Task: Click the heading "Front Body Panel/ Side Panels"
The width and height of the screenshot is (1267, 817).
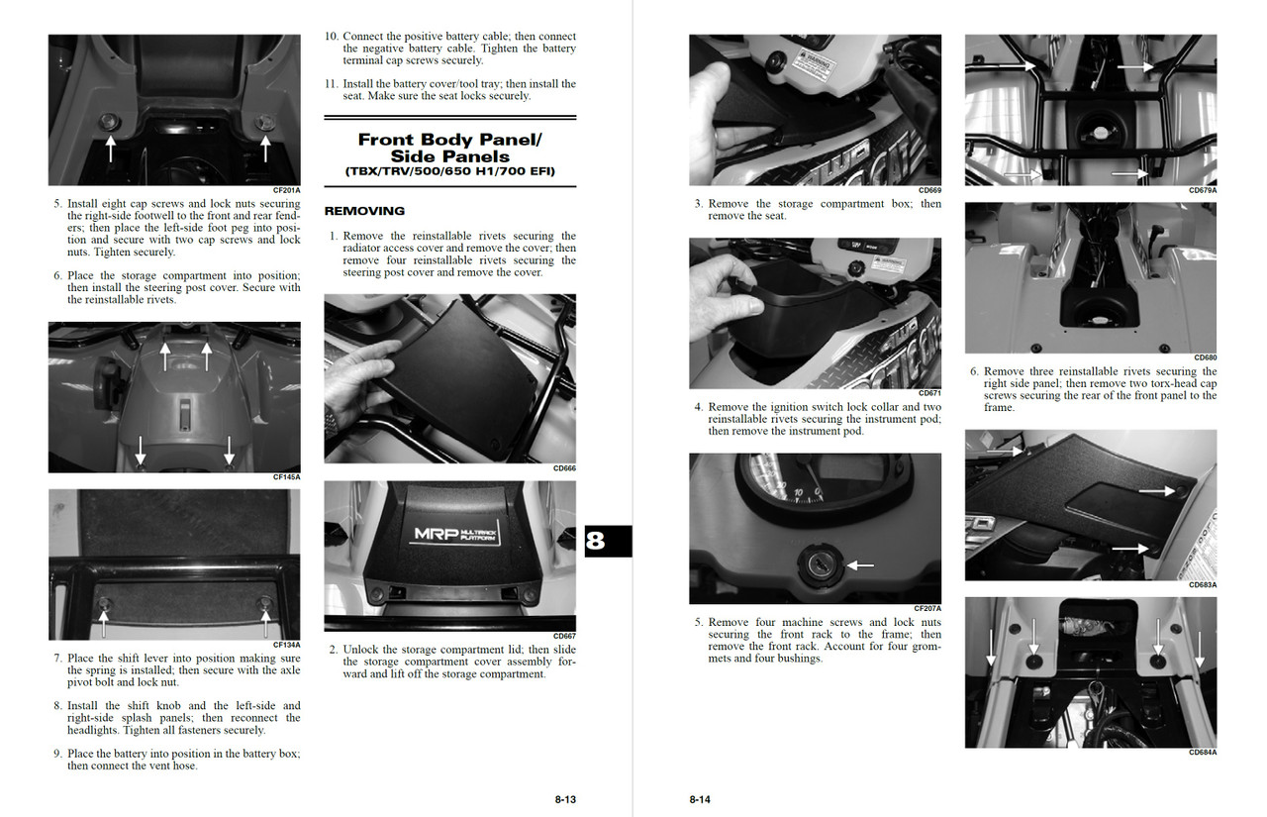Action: pyautogui.click(x=450, y=148)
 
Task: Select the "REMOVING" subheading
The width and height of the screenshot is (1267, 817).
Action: pyautogui.click(x=364, y=211)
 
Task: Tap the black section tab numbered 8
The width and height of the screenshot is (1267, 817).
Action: pyautogui.click(x=607, y=541)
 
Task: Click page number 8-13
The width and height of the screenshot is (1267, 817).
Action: pyautogui.click(x=565, y=799)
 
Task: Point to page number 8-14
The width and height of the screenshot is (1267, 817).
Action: pyautogui.click(x=700, y=799)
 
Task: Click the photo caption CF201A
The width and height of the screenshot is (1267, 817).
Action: pyautogui.click(x=286, y=189)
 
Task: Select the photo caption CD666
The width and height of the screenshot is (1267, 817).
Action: pyautogui.click(x=564, y=468)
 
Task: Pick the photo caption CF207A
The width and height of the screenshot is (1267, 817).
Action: pyautogui.click(x=927, y=608)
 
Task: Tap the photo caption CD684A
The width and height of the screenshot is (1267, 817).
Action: pyautogui.click(x=1203, y=753)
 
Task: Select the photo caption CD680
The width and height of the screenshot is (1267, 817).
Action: pyautogui.click(x=1205, y=357)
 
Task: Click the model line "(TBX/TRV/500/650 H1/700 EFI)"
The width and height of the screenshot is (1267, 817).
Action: pyautogui.click(x=450, y=171)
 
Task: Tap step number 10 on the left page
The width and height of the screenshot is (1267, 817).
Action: pyautogui.click(x=332, y=37)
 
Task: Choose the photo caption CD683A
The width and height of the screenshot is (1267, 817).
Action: pyautogui.click(x=1203, y=585)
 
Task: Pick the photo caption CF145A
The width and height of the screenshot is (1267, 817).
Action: pyautogui.click(x=286, y=476)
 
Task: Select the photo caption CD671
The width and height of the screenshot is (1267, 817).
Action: pyautogui.click(x=929, y=393)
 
